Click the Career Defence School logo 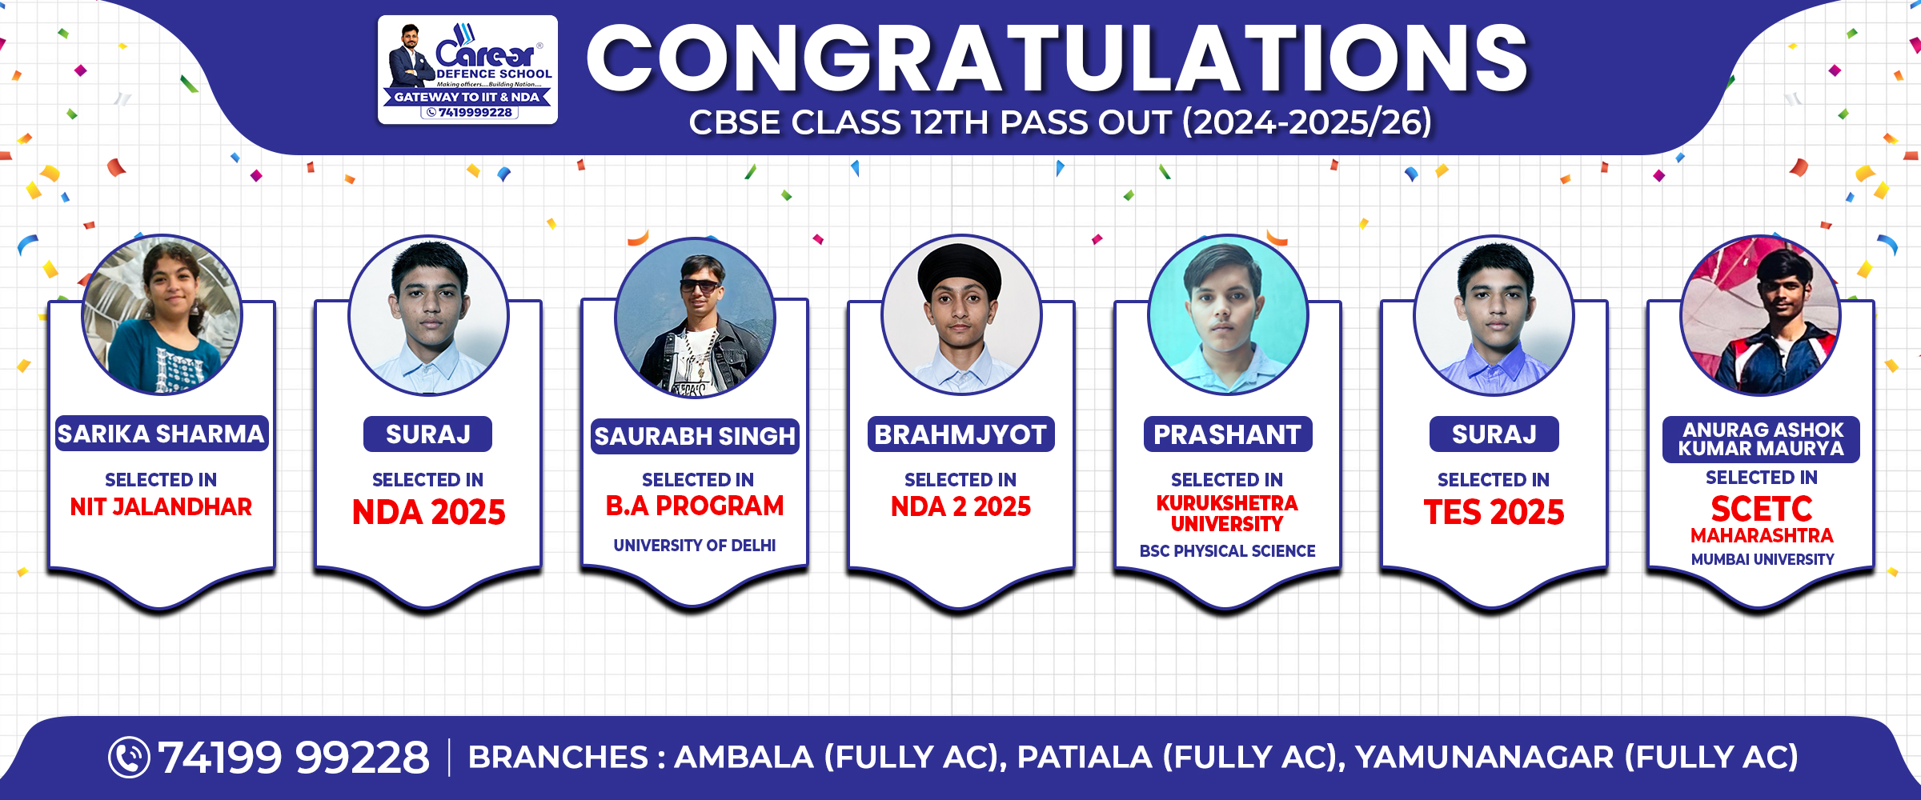coord(467,70)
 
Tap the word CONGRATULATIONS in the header coord(1057,58)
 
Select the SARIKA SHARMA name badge coord(161,434)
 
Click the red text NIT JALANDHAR coord(161,506)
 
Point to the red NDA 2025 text coord(428,512)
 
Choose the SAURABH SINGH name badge coord(695,436)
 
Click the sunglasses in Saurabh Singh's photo coord(700,286)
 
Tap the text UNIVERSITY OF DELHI coord(695,546)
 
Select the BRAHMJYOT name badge coord(960,434)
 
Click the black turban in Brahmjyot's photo coord(960,270)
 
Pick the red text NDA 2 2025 coord(960,506)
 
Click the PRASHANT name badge coord(1227,434)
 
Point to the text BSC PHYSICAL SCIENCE coord(1227,551)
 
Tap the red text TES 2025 coord(1494,512)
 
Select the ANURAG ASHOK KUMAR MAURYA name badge coord(1761,439)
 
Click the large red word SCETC coord(1761,509)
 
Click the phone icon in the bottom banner coord(129,757)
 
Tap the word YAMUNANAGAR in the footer coord(1485,757)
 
